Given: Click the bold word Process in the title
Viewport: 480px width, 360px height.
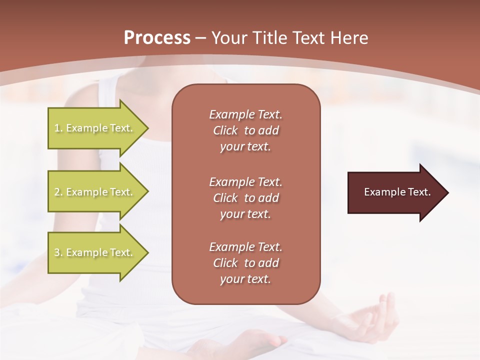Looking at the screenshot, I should [x=157, y=38].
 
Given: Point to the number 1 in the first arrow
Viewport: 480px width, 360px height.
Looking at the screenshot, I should [x=57, y=128].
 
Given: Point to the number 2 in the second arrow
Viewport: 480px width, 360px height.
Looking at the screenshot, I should [x=57, y=192].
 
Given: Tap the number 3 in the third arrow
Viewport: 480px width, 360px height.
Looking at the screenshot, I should [x=57, y=252].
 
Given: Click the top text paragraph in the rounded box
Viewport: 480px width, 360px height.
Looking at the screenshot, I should [x=245, y=130].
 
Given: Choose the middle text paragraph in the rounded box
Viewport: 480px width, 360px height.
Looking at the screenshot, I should [x=245, y=198].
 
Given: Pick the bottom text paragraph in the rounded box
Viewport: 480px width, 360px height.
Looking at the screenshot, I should [x=245, y=263].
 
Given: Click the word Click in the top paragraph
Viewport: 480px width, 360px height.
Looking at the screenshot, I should [x=225, y=130].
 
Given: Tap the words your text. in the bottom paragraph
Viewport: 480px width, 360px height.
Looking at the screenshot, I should [x=245, y=279].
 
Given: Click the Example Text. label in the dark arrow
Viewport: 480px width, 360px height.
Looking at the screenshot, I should [x=397, y=192].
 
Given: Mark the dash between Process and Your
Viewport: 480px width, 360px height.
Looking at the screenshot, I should [x=201, y=38].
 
